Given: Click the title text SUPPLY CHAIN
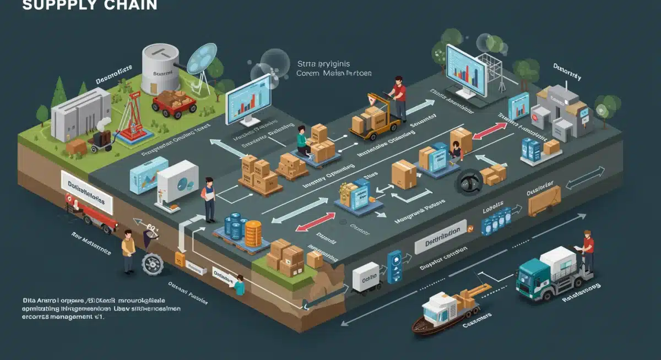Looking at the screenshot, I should pyautogui.click(x=89, y=6).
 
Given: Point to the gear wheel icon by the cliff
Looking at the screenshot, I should pyautogui.click(x=152, y=264).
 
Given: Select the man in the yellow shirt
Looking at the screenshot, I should pyautogui.click(x=128, y=250).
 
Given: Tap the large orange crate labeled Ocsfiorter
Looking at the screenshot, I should pyautogui.click(x=544, y=200).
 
